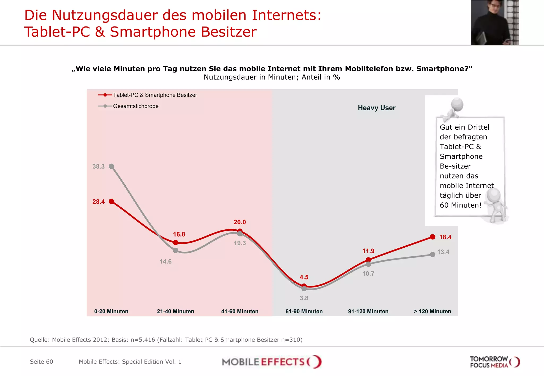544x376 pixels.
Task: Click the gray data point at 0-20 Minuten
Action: tap(112, 166)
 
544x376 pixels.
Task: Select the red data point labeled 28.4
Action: tap(112, 202)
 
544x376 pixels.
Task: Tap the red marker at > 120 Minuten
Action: tap(432, 237)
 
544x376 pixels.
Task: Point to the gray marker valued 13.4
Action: tap(432, 255)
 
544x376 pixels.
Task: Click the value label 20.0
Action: tap(240, 222)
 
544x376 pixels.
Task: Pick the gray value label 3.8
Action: tap(304, 298)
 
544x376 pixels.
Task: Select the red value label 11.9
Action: tap(368, 251)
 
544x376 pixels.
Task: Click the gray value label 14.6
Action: tap(165, 261)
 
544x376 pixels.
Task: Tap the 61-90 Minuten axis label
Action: tap(304, 311)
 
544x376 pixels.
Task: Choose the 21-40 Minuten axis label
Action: tap(175, 311)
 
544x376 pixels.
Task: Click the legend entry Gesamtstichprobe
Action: tap(135, 106)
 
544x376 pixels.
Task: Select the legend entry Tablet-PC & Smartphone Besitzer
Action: tap(155, 95)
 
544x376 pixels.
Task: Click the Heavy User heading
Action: tap(376, 108)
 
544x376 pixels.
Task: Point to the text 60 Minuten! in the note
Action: tap(460, 205)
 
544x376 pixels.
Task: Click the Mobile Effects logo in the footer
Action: tap(271, 362)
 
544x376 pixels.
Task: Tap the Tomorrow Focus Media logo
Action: tap(495, 362)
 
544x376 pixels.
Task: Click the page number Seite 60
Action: tap(41, 362)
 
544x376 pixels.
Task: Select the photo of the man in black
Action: tap(495, 23)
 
